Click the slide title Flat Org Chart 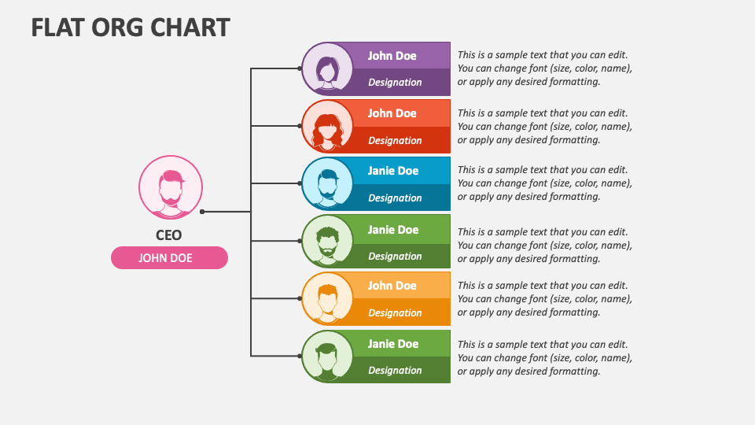(x=131, y=27)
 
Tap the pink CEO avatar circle (x=171, y=187)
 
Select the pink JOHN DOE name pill (x=170, y=258)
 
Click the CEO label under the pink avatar (x=168, y=235)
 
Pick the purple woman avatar (x=327, y=68)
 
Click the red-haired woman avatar (x=327, y=126)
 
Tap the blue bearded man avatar (x=327, y=183)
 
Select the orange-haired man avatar (x=327, y=298)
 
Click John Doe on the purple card (x=392, y=56)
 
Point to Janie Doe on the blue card (x=393, y=171)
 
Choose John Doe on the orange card (x=392, y=286)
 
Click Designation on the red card (x=395, y=141)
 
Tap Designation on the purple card (x=395, y=83)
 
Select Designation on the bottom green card (x=395, y=371)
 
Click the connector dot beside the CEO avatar (x=202, y=212)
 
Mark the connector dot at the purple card (x=300, y=68)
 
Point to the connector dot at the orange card (x=300, y=298)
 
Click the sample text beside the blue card (x=544, y=183)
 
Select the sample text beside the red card (x=544, y=126)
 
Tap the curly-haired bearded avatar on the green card (x=327, y=241)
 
